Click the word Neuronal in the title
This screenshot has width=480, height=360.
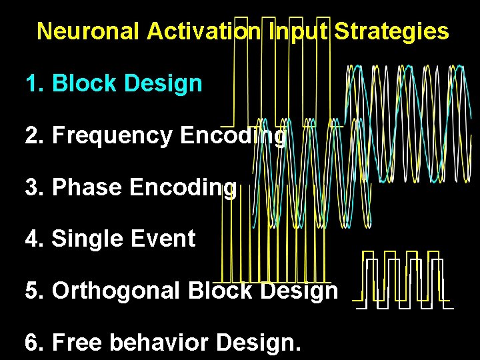(x=89, y=31)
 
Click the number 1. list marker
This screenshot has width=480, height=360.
(x=34, y=84)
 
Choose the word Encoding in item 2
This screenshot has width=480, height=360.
(x=233, y=135)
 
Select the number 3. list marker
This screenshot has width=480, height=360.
(x=34, y=187)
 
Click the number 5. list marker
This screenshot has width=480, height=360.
(x=34, y=291)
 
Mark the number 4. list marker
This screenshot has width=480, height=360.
(x=34, y=239)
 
